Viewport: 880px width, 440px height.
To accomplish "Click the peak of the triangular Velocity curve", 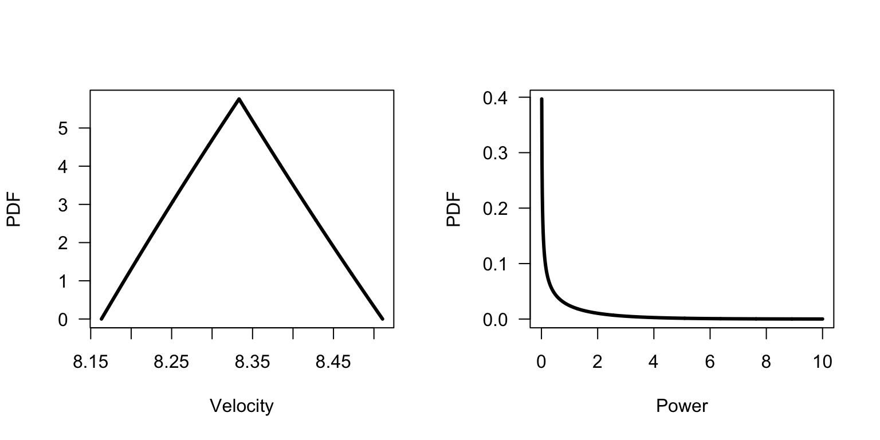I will (x=239, y=99).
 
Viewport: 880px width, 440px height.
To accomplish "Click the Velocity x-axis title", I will (x=242, y=406).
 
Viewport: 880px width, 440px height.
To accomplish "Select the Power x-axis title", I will (x=682, y=406).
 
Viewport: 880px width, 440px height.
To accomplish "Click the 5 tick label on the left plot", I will (x=63, y=128).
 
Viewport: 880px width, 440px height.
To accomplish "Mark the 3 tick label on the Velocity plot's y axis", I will (x=63, y=205).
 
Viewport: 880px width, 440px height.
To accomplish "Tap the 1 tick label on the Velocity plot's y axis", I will (x=63, y=281).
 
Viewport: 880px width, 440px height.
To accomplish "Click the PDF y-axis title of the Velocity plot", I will (x=14, y=209).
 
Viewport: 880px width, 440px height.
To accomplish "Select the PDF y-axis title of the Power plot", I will (x=454, y=209).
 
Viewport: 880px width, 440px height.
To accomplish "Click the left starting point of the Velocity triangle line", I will (x=101, y=319).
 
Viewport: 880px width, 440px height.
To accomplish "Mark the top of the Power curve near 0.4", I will (x=541, y=100).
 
